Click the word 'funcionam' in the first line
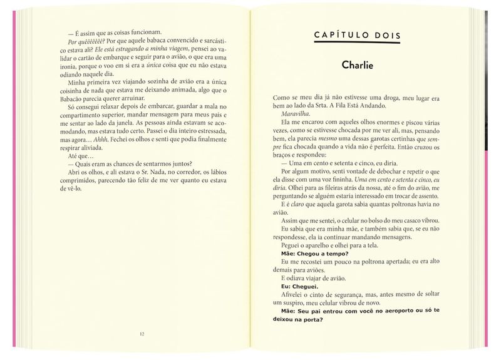[144, 33]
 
